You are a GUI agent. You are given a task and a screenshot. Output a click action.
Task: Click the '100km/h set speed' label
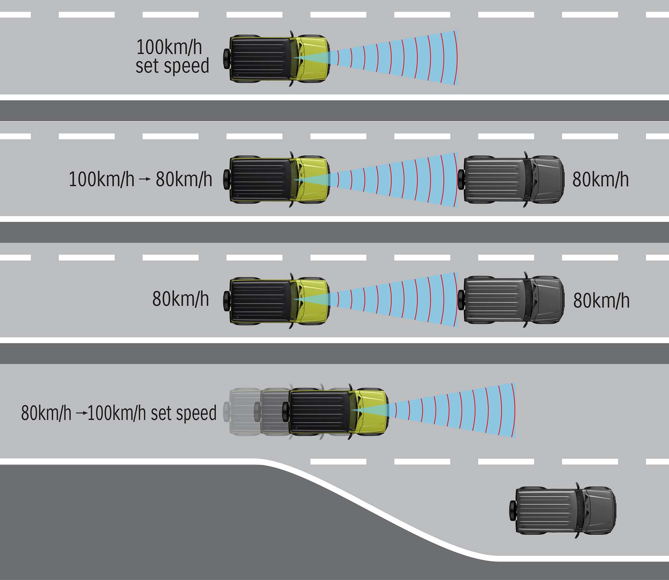pyautogui.click(x=172, y=57)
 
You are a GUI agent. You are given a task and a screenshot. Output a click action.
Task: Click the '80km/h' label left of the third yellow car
pyautogui.click(x=180, y=299)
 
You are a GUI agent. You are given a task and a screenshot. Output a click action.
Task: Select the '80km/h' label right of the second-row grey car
pyautogui.click(x=600, y=180)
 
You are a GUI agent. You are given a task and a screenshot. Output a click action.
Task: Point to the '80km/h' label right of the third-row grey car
pyautogui.click(x=601, y=300)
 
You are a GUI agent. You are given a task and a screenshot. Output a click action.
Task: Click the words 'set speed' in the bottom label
pyautogui.click(x=184, y=413)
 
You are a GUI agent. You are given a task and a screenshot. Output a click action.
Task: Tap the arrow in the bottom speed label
pyautogui.click(x=81, y=413)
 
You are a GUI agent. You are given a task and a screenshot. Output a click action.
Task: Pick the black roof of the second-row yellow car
pyautogui.click(x=261, y=180)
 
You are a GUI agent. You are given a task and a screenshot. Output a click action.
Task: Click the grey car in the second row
pyautogui.click(x=511, y=179)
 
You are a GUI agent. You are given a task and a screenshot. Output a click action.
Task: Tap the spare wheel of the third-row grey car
pyautogui.click(x=462, y=300)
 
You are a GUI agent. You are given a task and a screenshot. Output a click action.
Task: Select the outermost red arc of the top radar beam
pyautogui.click(x=456, y=58)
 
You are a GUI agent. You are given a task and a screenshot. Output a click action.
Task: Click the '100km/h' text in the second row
pyautogui.click(x=101, y=180)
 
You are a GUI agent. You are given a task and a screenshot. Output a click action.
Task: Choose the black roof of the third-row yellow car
pyautogui.click(x=261, y=300)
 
